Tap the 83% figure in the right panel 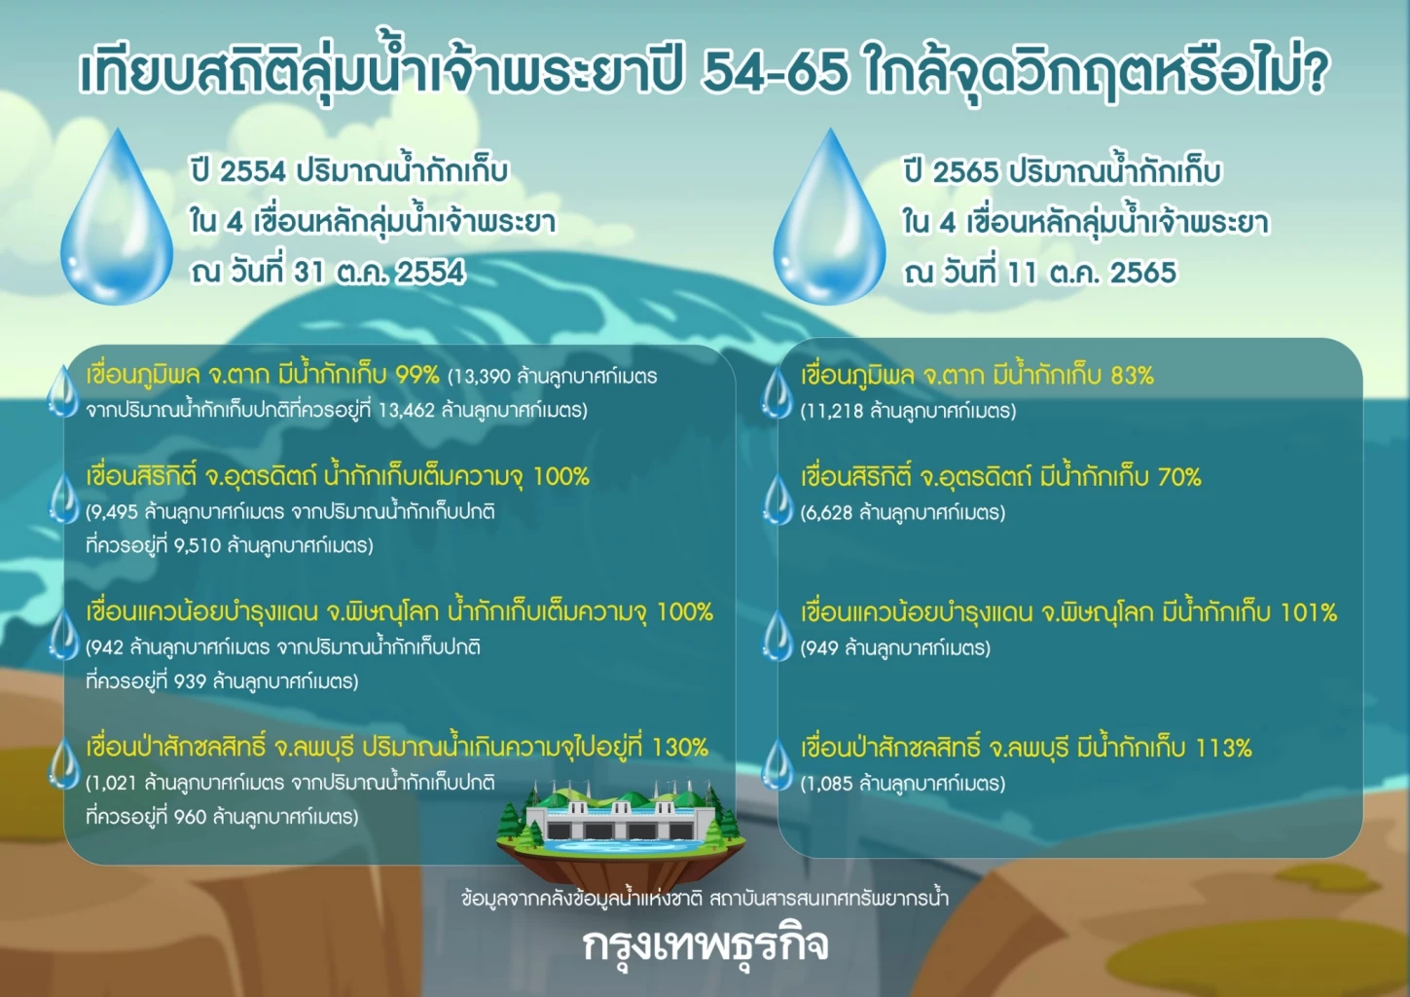1132,375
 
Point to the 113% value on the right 1223,748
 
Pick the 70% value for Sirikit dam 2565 1178,477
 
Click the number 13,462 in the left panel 406,410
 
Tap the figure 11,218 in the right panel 833,411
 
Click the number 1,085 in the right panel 827,783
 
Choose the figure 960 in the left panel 190,817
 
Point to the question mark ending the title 1315,73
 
